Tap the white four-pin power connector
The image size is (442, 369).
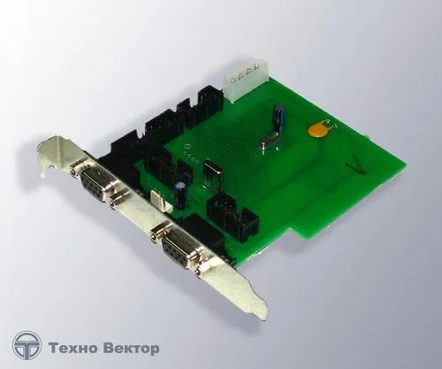pyautogui.click(x=246, y=81)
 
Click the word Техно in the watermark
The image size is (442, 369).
pyautogui.click(x=72, y=349)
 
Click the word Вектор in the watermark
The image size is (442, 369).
pyautogui.click(x=131, y=349)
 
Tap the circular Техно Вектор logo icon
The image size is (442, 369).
pyautogui.click(x=27, y=346)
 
